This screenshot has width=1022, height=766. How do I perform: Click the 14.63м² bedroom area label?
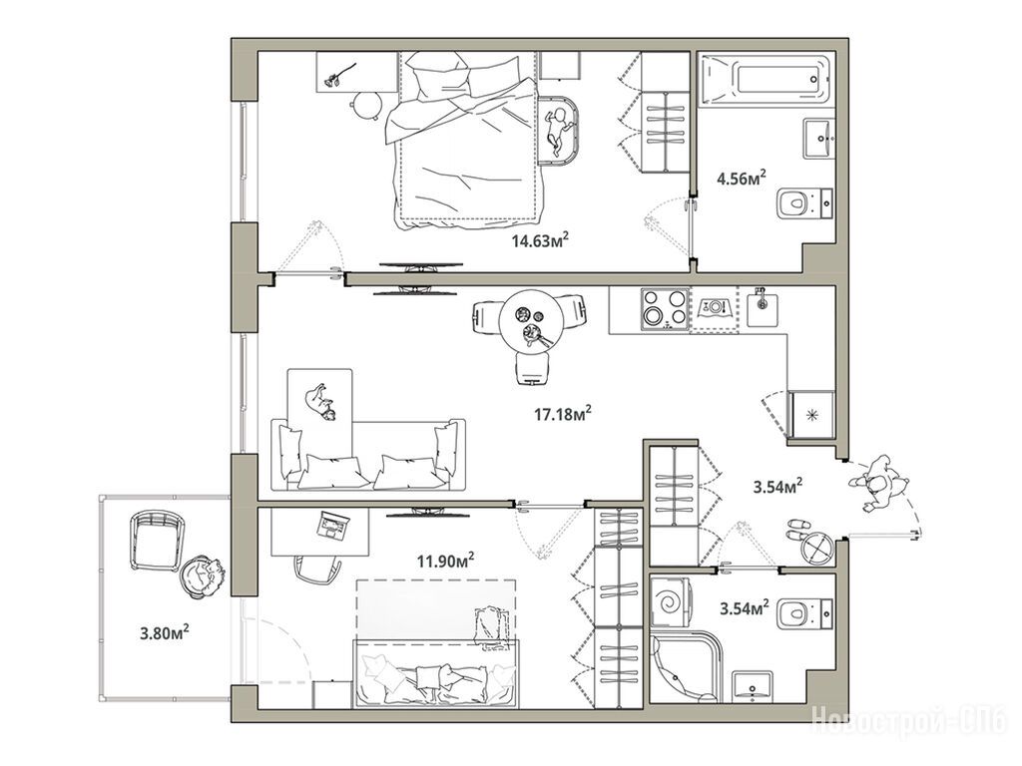coord(540,241)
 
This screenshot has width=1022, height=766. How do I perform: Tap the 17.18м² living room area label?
coord(563,413)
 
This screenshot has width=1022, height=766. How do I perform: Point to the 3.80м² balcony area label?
coord(165,631)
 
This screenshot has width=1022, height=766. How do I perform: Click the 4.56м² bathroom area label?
coord(742,178)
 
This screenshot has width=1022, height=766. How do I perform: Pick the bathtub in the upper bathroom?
coord(765,80)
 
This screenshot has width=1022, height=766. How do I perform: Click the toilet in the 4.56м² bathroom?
coord(805,202)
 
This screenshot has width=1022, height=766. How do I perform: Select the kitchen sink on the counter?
coord(762,307)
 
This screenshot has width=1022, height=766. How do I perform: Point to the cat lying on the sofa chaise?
coord(320,401)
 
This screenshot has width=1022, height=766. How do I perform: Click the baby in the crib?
coord(557,129)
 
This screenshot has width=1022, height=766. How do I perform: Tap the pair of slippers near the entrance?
coord(797,529)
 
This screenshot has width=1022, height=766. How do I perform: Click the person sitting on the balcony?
coord(203,576)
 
